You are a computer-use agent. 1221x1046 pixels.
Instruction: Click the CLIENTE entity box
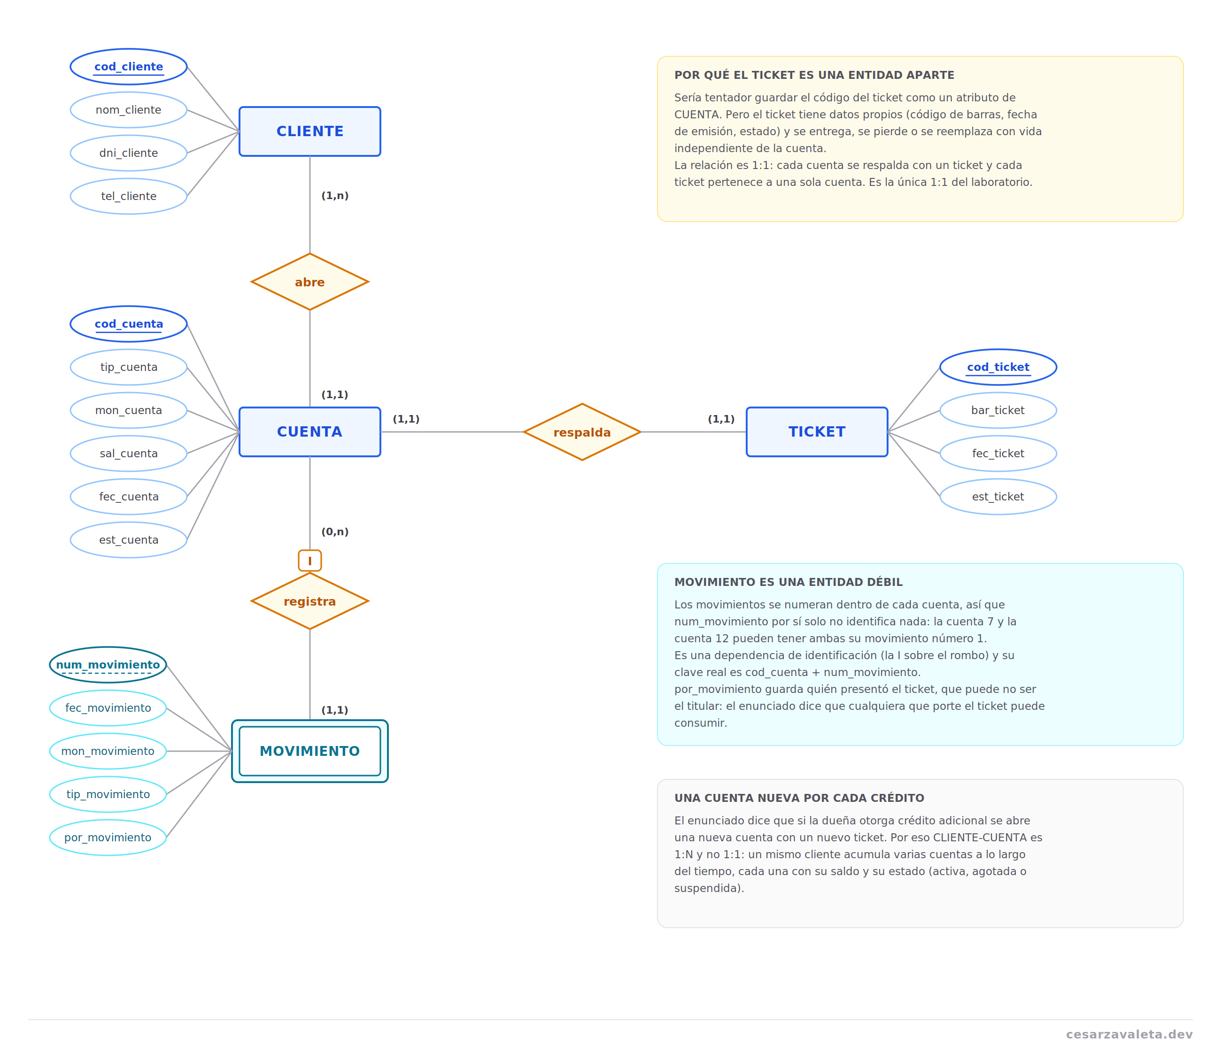coord(309,131)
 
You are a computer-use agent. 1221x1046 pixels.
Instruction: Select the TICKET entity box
coord(817,432)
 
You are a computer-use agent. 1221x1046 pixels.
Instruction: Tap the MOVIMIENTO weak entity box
coord(309,751)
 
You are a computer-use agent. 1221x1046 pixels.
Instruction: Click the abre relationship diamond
coord(309,282)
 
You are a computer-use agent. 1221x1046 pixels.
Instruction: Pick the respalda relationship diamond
coord(582,432)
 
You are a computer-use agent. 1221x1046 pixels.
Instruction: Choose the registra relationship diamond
coord(309,601)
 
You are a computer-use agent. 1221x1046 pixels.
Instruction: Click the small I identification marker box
coord(309,560)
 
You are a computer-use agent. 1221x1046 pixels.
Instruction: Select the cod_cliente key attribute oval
coord(129,67)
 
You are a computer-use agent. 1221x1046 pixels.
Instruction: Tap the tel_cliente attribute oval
coord(129,196)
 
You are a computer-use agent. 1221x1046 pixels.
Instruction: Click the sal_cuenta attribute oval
coord(129,454)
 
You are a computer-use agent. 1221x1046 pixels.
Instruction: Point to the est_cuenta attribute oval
coord(129,539)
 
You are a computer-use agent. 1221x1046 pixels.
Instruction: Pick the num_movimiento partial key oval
coord(108,664)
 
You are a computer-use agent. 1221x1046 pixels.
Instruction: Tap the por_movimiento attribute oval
coord(108,837)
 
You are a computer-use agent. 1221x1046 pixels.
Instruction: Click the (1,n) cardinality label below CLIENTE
coord(335,195)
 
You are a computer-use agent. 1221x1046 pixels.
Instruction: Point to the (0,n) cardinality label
coord(335,532)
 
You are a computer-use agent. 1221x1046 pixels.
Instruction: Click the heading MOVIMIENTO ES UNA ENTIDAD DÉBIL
coord(788,582)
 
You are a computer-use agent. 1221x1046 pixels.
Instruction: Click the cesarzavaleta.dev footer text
coord(1128,1034)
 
